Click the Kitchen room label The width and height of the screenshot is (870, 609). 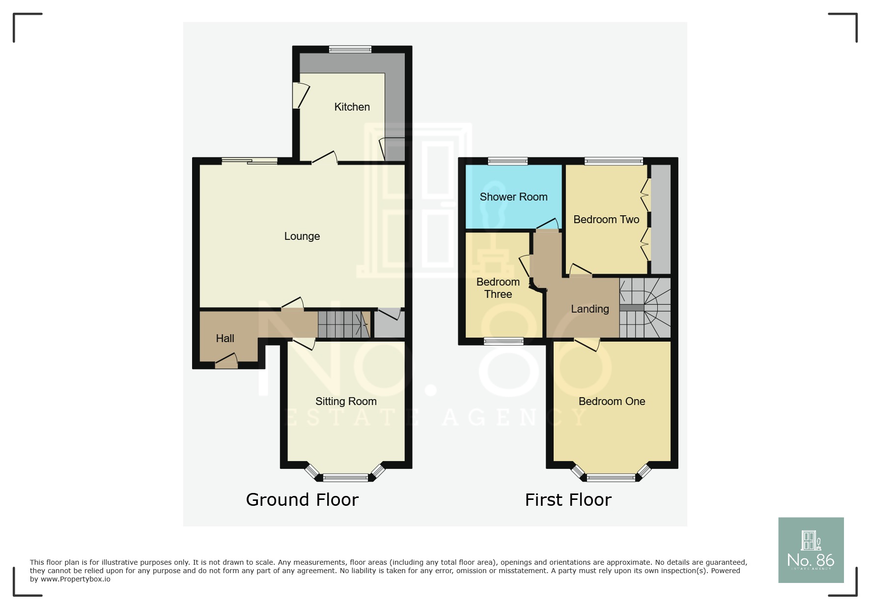coord(352,107)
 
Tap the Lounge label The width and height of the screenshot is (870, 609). coord(302,236)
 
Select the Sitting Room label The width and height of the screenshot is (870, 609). coord(346,402)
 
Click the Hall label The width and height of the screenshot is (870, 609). coord(225,339)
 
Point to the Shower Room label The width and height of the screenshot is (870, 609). coord(513,197)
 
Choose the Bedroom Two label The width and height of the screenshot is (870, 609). coord(606,220)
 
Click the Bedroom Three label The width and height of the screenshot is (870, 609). coord(498,288)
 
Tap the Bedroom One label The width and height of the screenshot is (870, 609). coord(612,402)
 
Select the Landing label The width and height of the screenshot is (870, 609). coord(589,309)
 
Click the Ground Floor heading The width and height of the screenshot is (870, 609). coord(302,500)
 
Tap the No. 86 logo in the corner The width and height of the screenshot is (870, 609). coord(811,550)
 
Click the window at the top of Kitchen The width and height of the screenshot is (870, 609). coord(350,49)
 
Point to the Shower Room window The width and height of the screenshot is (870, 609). coord(508,161)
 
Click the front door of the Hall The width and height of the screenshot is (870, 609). coord(226,364)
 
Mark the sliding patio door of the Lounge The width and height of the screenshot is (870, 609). coord(249,161)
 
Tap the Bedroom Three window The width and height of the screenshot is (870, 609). coord(504,341)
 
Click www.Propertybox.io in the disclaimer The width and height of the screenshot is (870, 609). coord(75,579)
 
